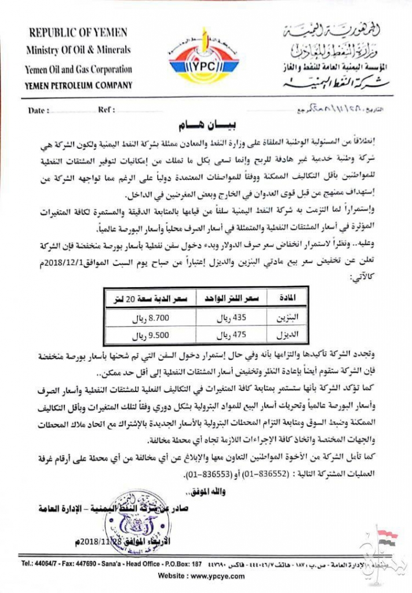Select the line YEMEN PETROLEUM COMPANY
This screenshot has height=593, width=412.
(x=79, y=85)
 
